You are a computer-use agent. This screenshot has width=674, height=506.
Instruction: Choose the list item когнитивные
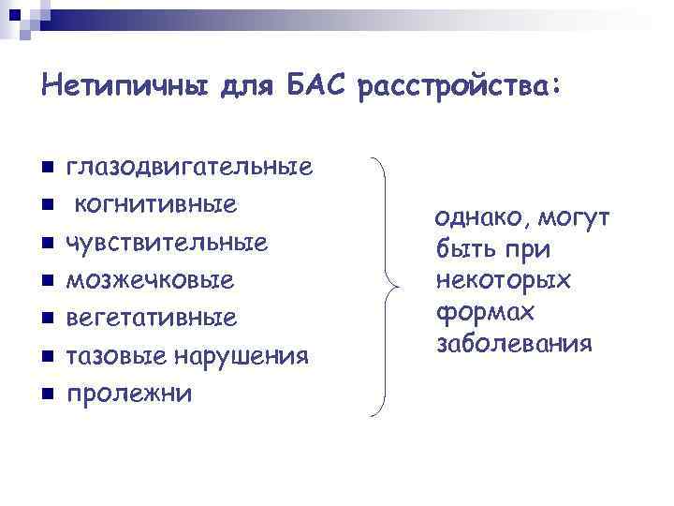point(156,204)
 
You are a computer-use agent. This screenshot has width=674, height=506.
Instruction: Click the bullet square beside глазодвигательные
point(45,168)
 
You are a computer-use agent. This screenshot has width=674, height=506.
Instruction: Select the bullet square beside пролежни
point(45,393)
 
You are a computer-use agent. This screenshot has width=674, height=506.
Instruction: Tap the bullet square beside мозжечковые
point(45,280)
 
